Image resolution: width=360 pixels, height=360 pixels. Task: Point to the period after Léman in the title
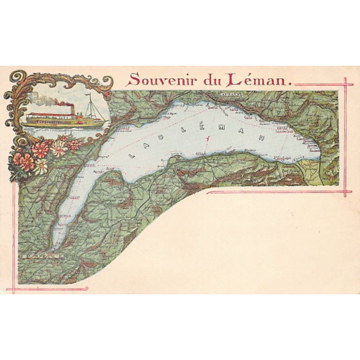[x=290, y=84]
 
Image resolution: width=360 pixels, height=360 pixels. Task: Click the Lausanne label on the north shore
[x=231, y=94]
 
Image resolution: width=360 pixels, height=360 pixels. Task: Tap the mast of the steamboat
[x=90, y=106]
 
